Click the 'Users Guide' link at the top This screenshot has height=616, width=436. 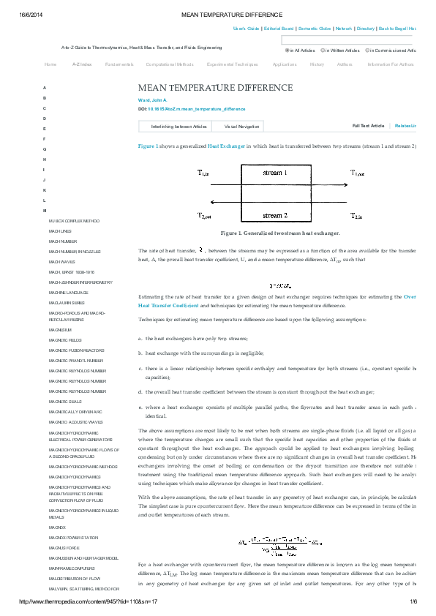pyautogui.click(x=246, y=28)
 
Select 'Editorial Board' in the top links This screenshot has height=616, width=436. pyautogui.click(x=279, y=28)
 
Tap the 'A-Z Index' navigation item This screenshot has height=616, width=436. pyautogui.click(x=81, y=64)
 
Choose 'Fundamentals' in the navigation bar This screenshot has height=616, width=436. pyautogui.click(x=119, y=64)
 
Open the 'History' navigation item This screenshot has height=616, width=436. pyautogui.click(x=317, y=64)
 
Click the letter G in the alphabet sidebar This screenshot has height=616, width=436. pyautogui.click(x=44, y=149)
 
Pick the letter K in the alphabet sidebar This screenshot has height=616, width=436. pyautogui.click(x=44, y=189)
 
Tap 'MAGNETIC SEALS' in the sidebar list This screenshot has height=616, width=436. pyautogui.click(x=64, y=401)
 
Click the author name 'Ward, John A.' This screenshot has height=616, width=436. pyautogui.click(x=153, y=99)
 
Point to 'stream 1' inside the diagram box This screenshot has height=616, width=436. pyautogui.click(x=275, y=173)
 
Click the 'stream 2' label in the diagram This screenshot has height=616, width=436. pyautogui.click(x=275, y=216)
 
